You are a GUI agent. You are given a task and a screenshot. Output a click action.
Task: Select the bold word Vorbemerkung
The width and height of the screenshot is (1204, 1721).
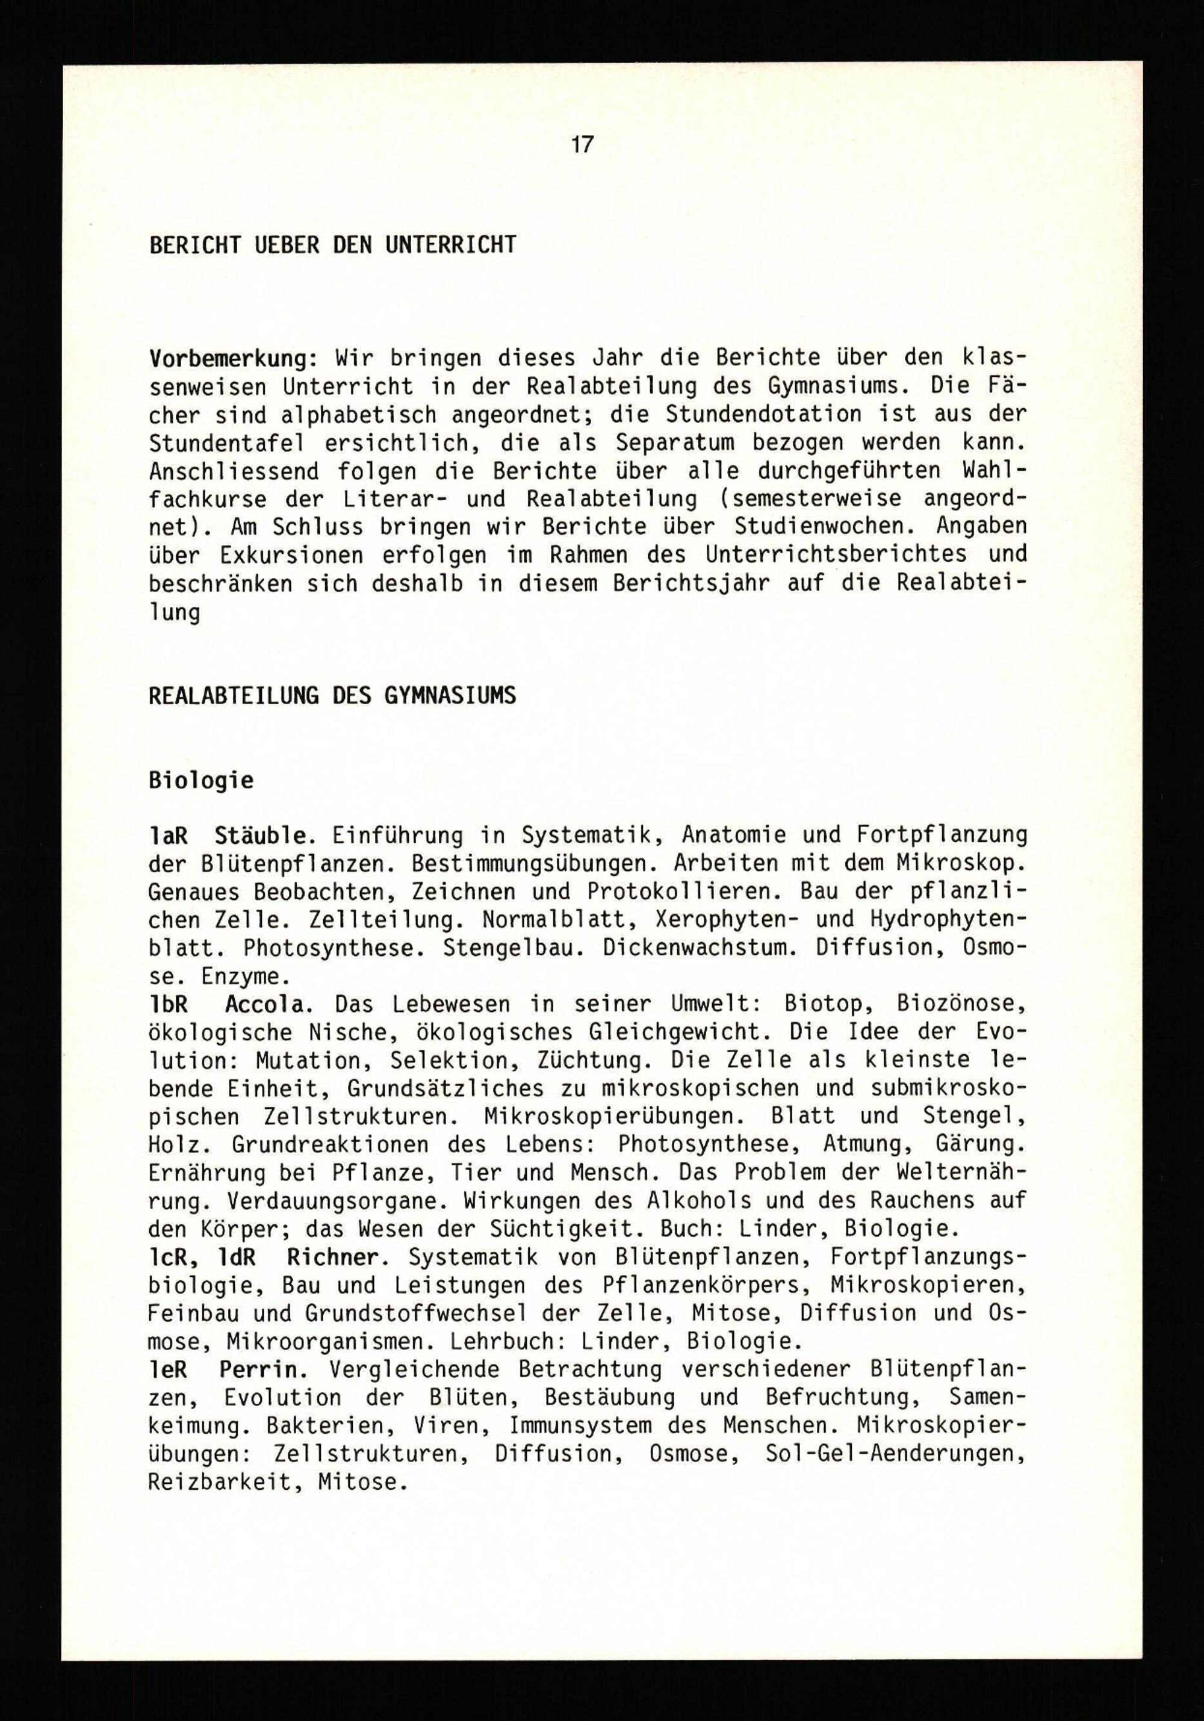tap(229, 359)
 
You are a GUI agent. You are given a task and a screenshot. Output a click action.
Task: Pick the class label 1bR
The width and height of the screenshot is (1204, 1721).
tap(168, 1003)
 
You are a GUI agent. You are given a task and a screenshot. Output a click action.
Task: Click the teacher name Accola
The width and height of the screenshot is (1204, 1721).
tap(265, 1003)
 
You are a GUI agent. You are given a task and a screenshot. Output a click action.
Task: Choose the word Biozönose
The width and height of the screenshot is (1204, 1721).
tap(949, 1003)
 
